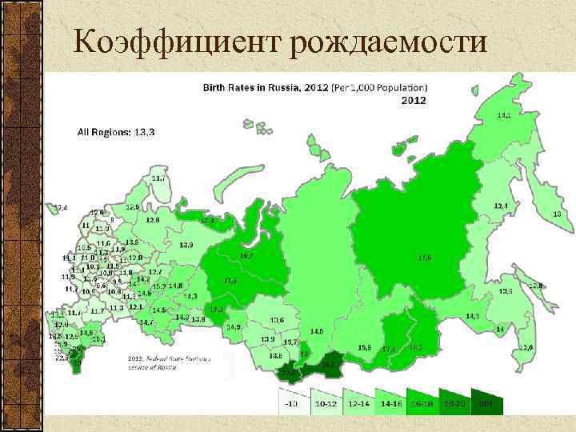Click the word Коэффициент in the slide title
(x=177, y=40)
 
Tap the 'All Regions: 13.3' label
(x=117, y=132)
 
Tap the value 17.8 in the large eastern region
(x=425, y=257)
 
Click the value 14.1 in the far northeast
(x=505, y=115)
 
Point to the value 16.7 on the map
(x=247, y=256)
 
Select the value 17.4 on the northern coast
(x=207, y=219)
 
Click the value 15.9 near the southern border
(x=364, y=347)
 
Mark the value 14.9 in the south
(x=233, y=326)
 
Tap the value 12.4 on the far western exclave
(x=61, y=207)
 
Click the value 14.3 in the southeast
(x=472, y=316)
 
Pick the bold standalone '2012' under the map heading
(x=413, y=101)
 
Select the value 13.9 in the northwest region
(x=186, y=245)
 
